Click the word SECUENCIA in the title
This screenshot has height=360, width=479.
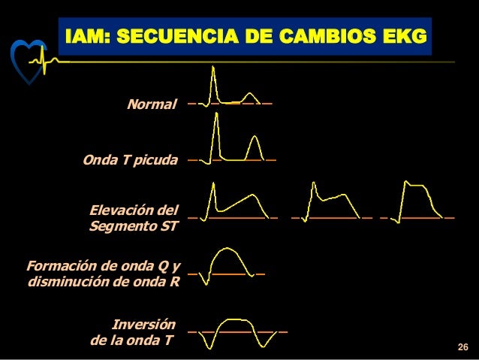[175, 36]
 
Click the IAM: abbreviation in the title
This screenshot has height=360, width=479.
[89, 36]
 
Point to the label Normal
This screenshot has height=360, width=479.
[152, 102]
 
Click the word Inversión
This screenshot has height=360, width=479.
[143, 325]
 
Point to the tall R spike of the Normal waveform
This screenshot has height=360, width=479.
[213, 75]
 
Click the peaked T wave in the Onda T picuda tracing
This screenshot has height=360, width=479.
[255, 143]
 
